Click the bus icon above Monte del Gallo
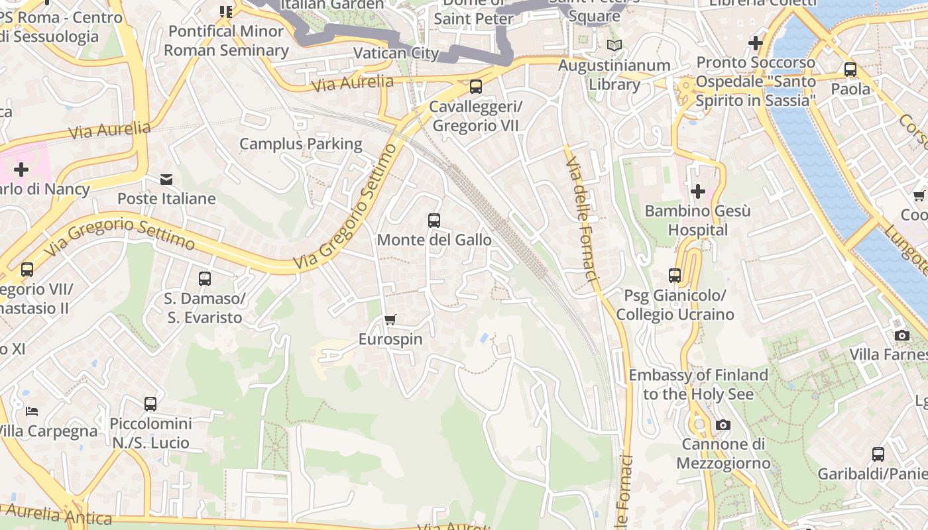[434, 221]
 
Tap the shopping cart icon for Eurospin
[390, 320]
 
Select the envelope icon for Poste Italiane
[166, 180]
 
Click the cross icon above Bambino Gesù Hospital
[697, 191]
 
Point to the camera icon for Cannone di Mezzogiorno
[723, 425]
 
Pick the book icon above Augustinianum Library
[614, 46]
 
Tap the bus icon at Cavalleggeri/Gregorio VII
[475, 87]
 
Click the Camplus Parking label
[301, 144]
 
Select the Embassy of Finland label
[698, 384]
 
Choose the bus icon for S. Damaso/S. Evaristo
[205, 279]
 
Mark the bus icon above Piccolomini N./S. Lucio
[150, 403]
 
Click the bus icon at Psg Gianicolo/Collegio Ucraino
[675, 276]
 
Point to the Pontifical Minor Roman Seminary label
[226, 40]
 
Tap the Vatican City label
[396, 53]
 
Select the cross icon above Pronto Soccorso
[755, 43]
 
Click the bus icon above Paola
[850, 70]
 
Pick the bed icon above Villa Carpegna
[32, 411]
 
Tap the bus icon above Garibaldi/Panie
[878, 454]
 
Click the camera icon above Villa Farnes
[901, 335]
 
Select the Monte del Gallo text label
[434, 240]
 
